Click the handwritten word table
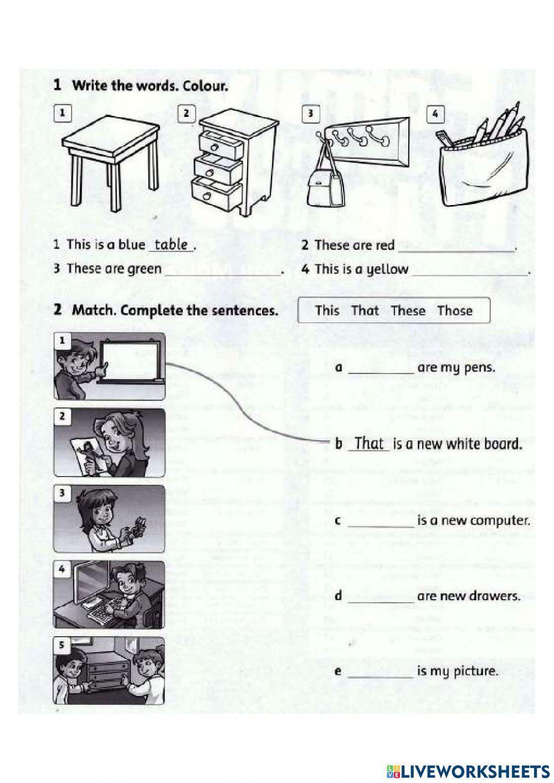point(171,244)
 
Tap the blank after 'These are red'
point(455,247)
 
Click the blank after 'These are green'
point(222,270)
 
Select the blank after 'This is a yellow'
point(470,270)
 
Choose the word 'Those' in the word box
point(454,311)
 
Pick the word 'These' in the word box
point(408,311)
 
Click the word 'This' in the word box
point(327,311)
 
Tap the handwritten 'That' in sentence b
point(369,443)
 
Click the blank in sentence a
point(381,369)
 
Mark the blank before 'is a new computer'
point(381,523)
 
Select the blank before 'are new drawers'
point(381,598)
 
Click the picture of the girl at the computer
point(109,595)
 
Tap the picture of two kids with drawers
point(109,670)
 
